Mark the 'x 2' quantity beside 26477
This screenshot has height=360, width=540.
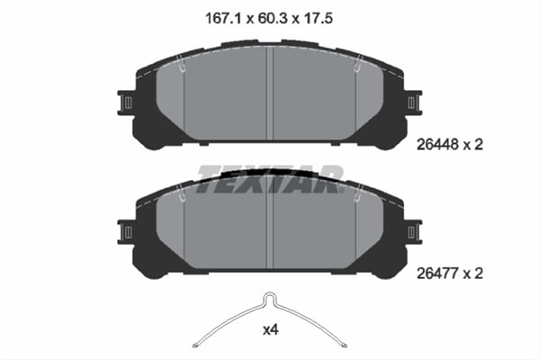pos(486,274)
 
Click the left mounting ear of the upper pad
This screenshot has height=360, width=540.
pos(127,102)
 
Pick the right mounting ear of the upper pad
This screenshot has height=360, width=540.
pos(415,102)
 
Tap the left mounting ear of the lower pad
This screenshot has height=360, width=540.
pos(127,232)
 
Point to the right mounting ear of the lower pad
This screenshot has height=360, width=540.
pos(415,232)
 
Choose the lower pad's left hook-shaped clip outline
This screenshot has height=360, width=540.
pos(183,192)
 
